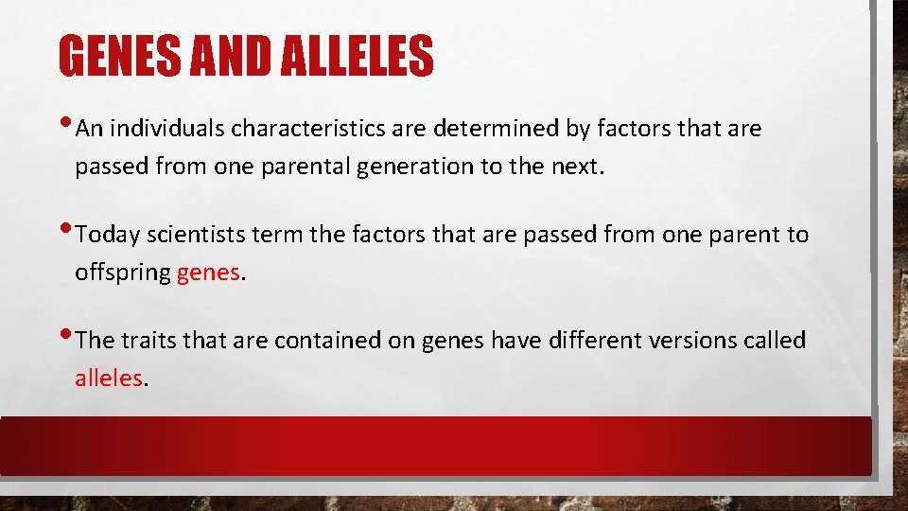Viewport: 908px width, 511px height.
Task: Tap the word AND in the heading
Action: click(229, 56)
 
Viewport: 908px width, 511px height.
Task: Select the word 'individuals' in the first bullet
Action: click(166, 129)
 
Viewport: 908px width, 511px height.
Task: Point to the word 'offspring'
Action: click(123, 273)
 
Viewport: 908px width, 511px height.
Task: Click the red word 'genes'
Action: click(208, 273)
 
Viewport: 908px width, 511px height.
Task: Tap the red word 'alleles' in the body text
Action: click(109, 379)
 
